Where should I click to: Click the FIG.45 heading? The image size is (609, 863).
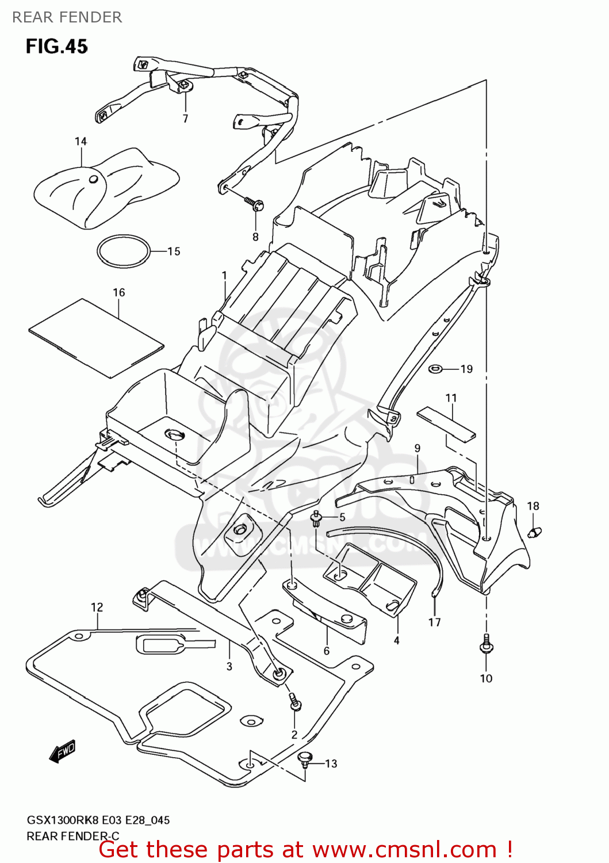coord(56,46)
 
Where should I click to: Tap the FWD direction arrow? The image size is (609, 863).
coord(62,751)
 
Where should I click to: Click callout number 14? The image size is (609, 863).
coord(81,142)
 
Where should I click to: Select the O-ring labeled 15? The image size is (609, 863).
coord(123,251)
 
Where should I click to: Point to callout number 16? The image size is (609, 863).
coord(118,293)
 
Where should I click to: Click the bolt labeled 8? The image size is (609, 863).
coord(254,204)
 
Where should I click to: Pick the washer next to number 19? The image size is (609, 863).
coord(435,368)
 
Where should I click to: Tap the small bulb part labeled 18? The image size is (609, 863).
coord(534,532)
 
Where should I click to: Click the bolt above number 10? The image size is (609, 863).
coord(486,646)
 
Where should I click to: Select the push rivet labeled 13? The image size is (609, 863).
coord(305,759)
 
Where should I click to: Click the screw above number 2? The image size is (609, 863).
coord(294,702)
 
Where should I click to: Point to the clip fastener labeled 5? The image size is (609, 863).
coord(316,518)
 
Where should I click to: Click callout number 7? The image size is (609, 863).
coord(185,119)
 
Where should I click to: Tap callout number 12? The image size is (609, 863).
coord(97,608)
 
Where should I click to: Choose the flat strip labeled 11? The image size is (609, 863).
coord(446,423)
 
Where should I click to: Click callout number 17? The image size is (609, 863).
coord(434,623)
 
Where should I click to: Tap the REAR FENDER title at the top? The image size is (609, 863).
coord(67,17)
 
